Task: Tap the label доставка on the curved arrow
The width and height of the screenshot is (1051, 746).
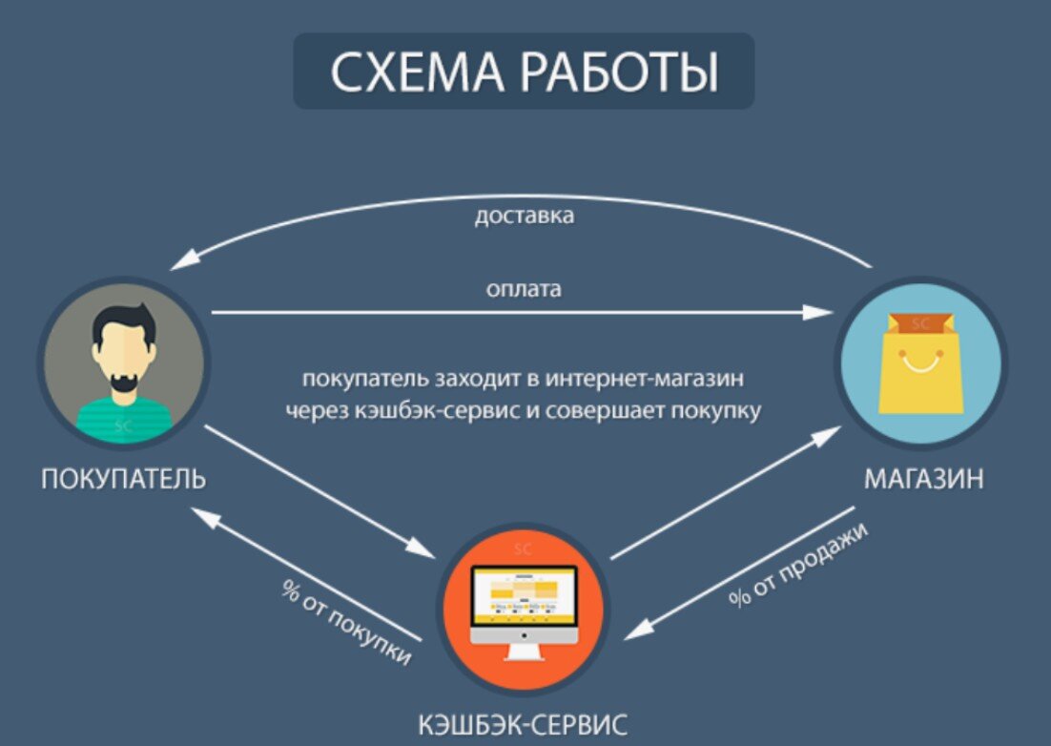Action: pyautogui.click(x=525, y=216)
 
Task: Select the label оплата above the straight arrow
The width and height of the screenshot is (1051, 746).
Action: pyautogui.click(x=524, y=288)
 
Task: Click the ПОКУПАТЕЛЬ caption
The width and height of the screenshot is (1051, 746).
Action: pyautogui.click(x=124, y=478)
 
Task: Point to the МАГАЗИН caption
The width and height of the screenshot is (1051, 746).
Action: pyautogui.click(x=923, y=478)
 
